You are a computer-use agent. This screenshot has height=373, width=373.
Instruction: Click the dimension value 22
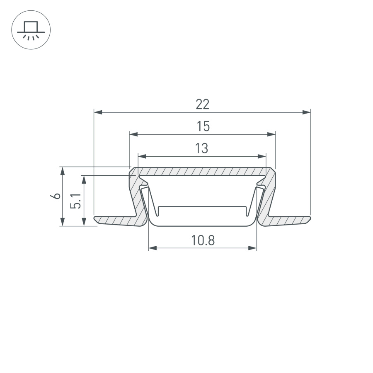[202, 104]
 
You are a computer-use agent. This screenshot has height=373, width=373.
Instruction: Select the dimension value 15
[203, 126]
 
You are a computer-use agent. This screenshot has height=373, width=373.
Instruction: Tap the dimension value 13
[201, 148]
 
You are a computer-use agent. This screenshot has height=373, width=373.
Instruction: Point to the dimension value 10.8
[203, 240]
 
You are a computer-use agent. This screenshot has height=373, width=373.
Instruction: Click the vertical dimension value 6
[57, 196]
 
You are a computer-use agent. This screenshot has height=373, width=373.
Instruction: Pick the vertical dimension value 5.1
[75, 200]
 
